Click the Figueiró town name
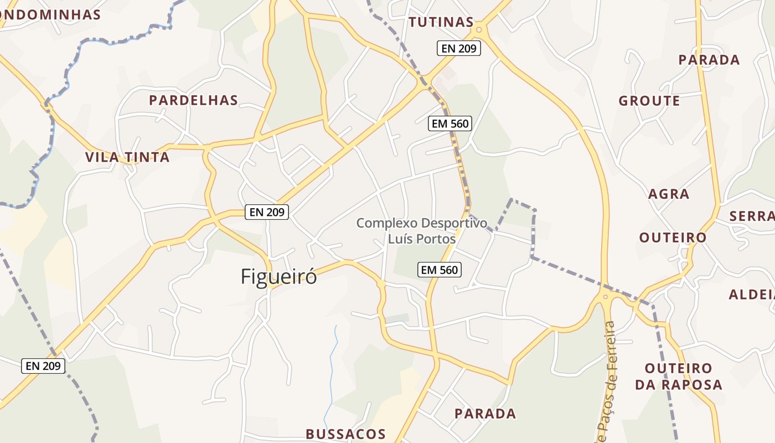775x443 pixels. point(278,276)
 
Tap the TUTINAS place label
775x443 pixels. point(441,22)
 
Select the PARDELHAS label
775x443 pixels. point(193,100)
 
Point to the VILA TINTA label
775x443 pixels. point(127,157)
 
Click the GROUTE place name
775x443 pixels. point(649,101)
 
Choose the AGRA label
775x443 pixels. point(669,194)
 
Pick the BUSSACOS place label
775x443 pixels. point(345,434)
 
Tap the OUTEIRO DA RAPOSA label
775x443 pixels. point(678,377)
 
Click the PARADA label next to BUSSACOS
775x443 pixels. point(485,414)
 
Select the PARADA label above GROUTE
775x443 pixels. point(709,60)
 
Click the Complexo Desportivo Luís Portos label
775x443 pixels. point(422,231)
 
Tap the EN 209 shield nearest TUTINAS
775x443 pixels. point(459,48)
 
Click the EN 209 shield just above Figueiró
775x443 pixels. point(267,212)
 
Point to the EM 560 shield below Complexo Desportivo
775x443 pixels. point(440,270)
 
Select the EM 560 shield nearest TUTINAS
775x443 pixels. point(451,123)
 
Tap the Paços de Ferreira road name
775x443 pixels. point(607,382)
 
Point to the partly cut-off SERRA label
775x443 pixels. point(752,216)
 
